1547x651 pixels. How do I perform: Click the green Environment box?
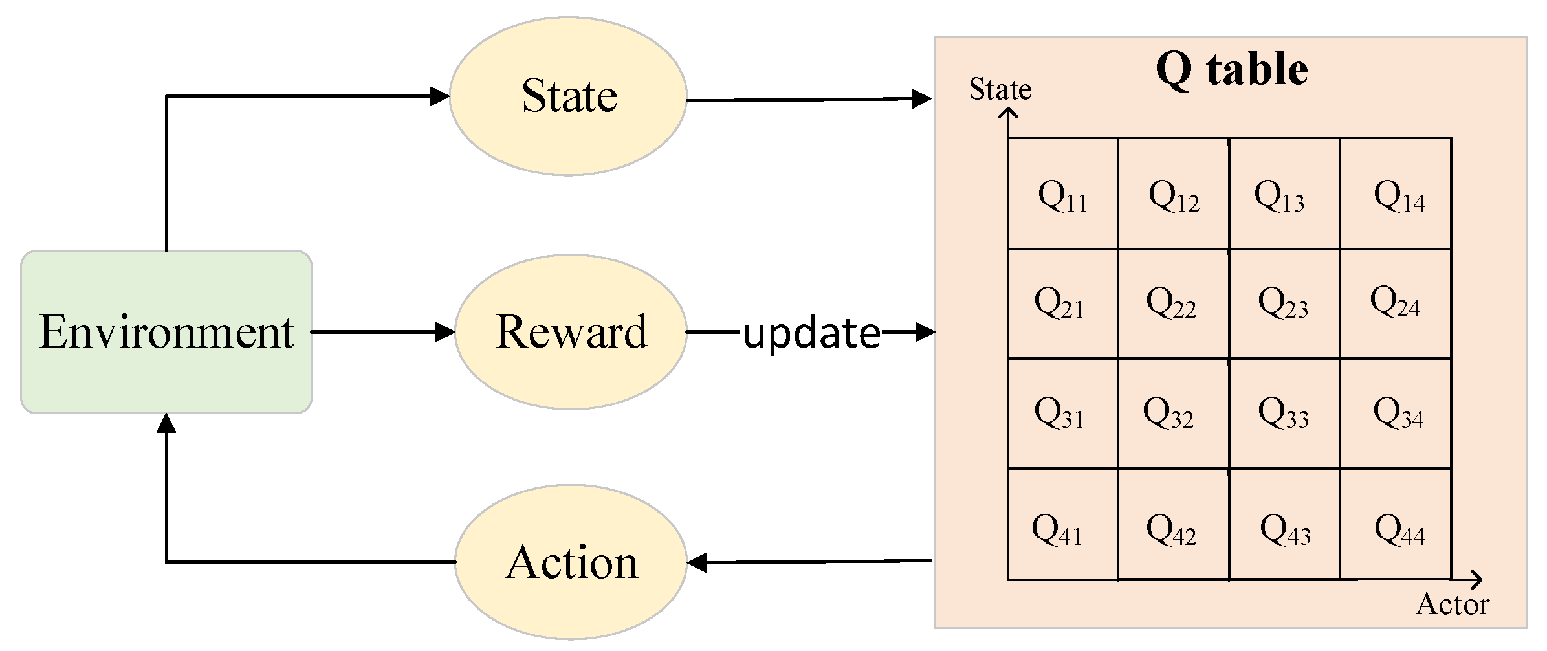coord(166,332)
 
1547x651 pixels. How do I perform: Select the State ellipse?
coord(568,96)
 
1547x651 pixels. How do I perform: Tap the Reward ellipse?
coord(571,332)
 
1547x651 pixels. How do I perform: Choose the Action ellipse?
coord(571,562)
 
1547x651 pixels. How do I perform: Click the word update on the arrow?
coord(811,333)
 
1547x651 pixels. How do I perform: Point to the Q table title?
coord(1231,69)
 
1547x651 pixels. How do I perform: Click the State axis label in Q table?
coord(1000,89)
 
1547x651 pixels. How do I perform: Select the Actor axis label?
coord(1452,604)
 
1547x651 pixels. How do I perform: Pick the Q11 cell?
coord(1062,194)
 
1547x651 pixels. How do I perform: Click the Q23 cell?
coord(1284,303)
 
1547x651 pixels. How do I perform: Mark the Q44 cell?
coord(1398,529)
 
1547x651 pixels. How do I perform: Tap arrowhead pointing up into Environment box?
coord(166,423)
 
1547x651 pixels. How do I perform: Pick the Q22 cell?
coord(1171,303)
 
